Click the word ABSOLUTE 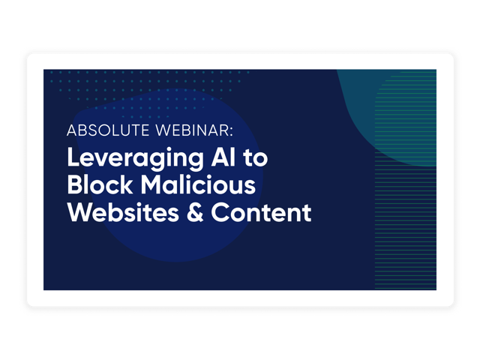[x=108, y=130]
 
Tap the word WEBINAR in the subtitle [x=192, y=130]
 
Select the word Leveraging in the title [x=135, y=158]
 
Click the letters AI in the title [x=223, y=157]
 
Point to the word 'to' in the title [x=256, y=158]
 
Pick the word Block [x=100, y=184]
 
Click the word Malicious [x=198, y=184]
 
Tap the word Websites [x=123, y=212]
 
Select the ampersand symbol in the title [x=195, y=212]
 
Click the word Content [x=261, y=212]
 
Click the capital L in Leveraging [x=73, y=157]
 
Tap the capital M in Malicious [x=152, y=184]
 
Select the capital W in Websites [x=80, y=212]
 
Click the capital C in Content [x=220, y=212]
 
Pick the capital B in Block [x=75, y=184]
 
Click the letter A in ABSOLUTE [x=72, y=130]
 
